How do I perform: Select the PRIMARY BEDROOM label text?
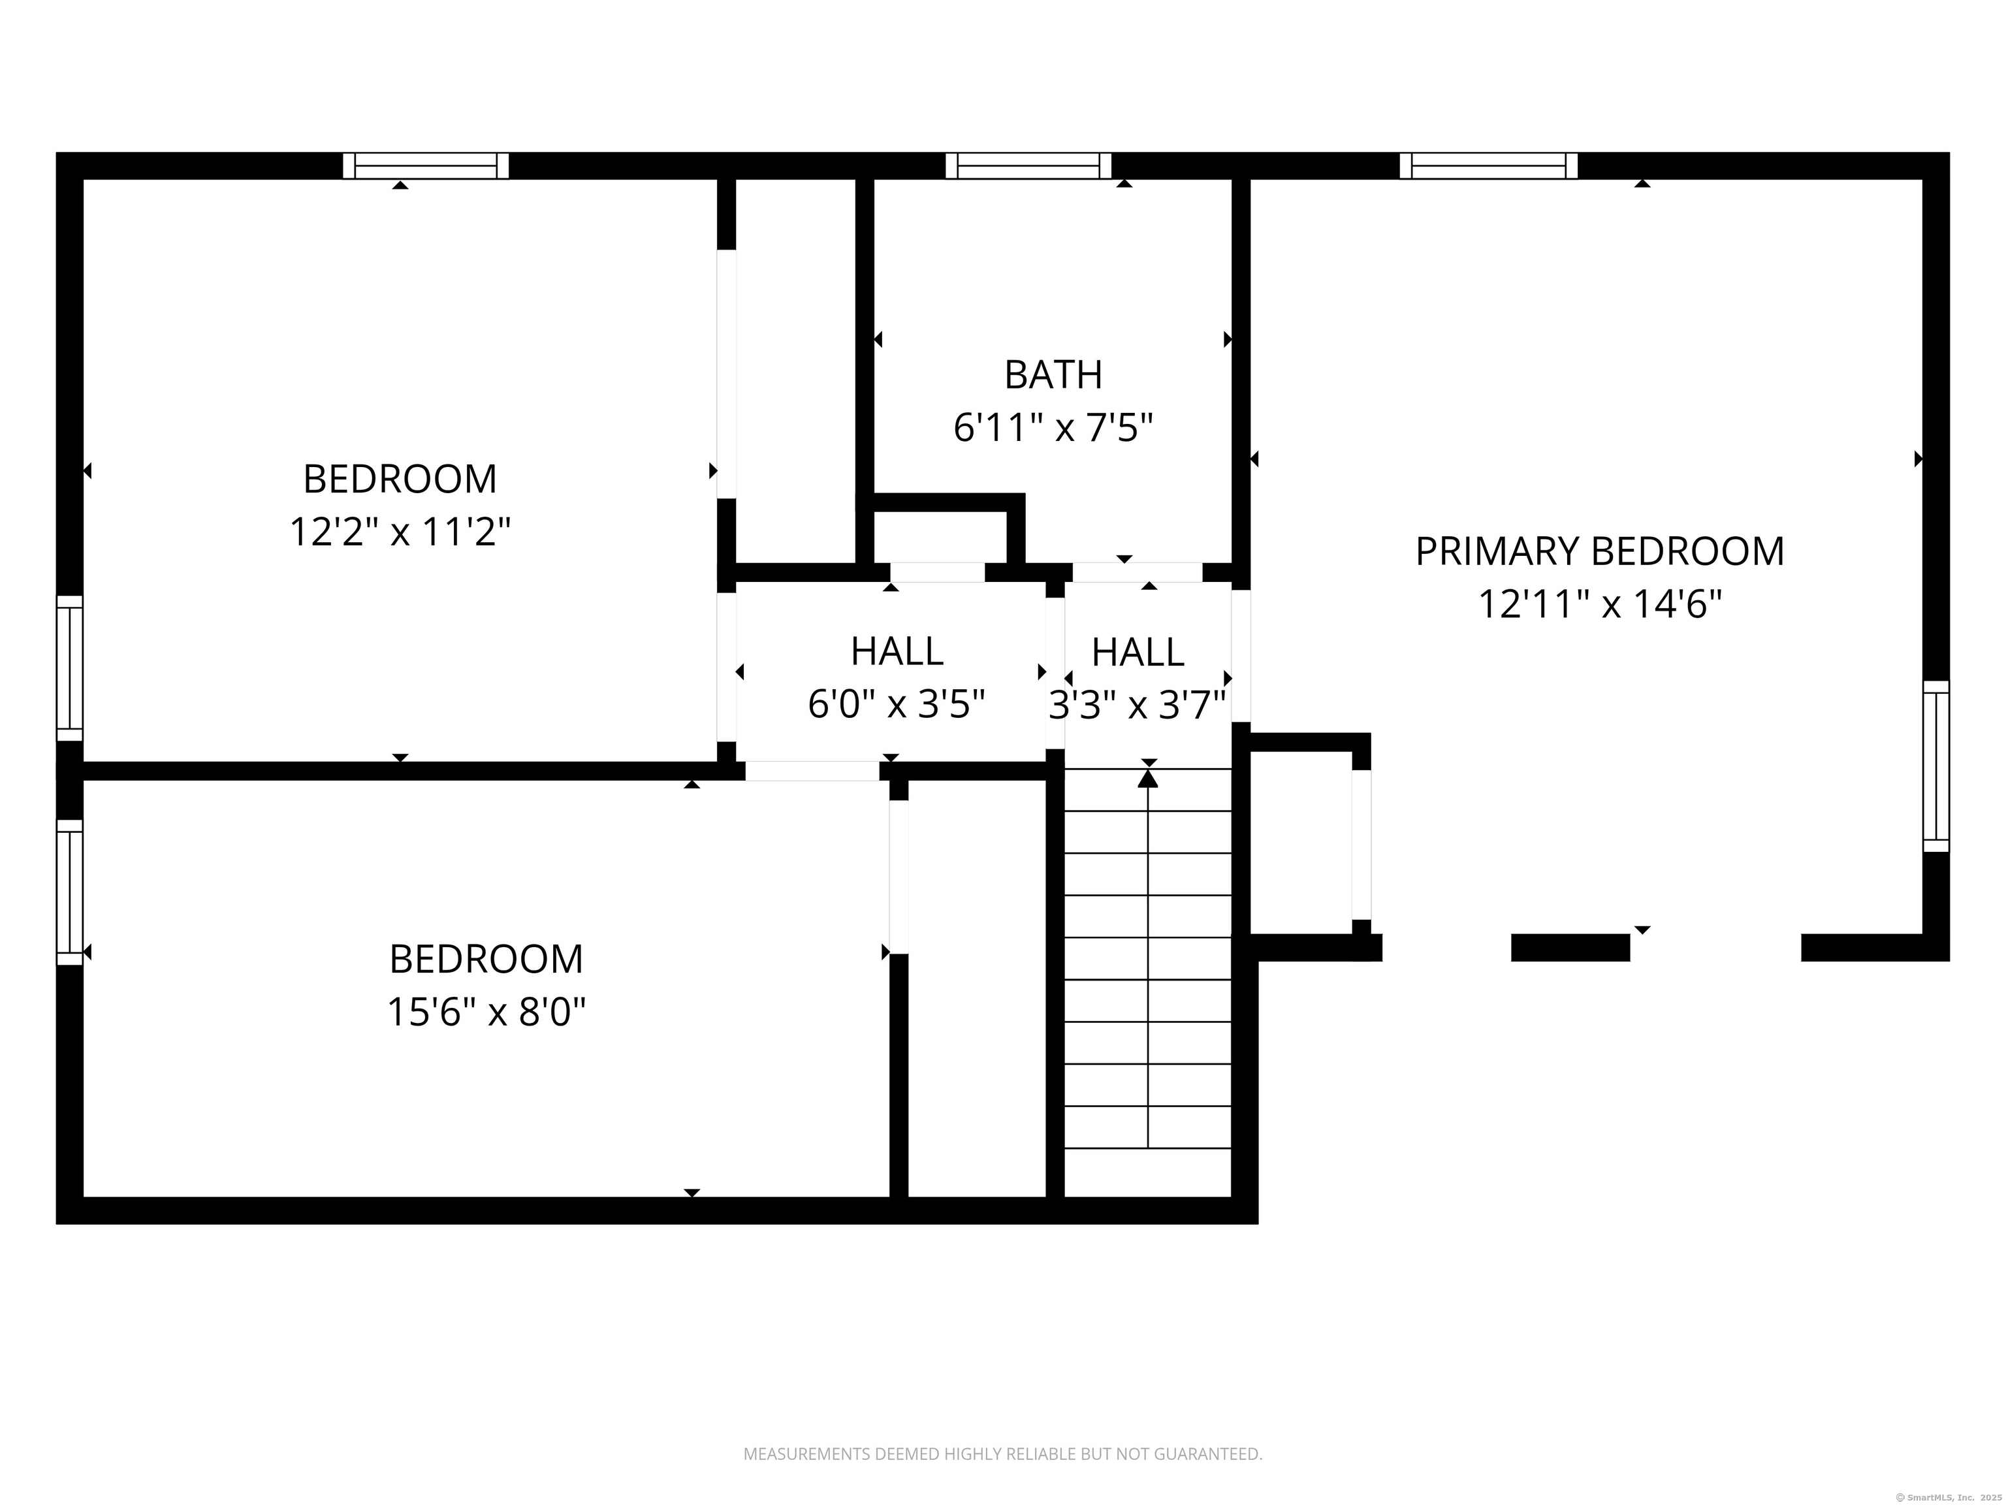point(1600,551)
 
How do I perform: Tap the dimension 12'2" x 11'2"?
point(400,532)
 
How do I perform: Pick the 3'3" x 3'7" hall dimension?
point(1138,704)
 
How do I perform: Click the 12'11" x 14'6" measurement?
point(1600,604)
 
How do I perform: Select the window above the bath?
point(1028,166)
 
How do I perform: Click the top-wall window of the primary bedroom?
point(1489,166)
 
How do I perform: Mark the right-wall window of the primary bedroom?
point(1936,767)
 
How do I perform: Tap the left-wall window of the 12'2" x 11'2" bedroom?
point(70,669)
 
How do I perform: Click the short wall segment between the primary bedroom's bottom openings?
point(1570,947)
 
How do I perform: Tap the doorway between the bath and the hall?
point(1138,572)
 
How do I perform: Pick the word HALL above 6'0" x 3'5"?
point(897,651)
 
